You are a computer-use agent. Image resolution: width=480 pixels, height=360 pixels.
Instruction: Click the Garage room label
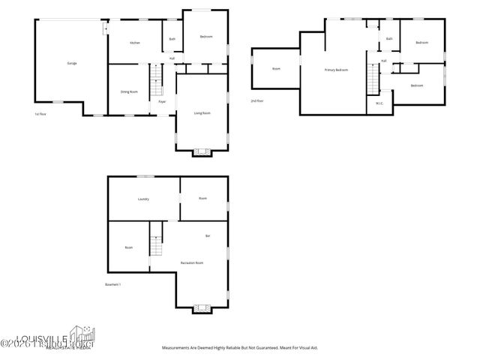point(72,63)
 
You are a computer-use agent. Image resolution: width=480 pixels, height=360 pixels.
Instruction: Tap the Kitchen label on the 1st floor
point(135,43)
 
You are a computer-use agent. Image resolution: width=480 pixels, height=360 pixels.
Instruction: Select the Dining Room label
point(129,91)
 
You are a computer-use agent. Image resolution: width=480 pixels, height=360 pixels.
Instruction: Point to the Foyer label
point(162,101)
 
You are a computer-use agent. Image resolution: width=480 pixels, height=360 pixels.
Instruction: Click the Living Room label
point(202,113)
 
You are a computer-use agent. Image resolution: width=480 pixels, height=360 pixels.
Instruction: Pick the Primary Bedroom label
point(336,70)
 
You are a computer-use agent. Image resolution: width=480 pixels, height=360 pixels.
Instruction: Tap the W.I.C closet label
point(379,103)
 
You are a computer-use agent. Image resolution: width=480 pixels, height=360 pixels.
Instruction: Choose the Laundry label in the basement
point(143,199)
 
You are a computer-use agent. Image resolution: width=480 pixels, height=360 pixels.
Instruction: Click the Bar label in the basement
point(208,236)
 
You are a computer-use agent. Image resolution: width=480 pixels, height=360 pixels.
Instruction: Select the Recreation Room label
point(193,262)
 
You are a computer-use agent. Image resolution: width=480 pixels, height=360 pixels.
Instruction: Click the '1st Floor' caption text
point(40,114)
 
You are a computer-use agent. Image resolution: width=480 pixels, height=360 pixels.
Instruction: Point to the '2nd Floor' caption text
point(257,100)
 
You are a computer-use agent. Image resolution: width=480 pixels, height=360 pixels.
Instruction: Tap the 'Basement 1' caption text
point(113,284)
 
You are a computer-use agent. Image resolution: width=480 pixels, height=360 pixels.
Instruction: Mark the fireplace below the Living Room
point(202,152)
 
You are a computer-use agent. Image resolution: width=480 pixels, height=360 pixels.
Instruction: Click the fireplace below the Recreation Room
point(201,307)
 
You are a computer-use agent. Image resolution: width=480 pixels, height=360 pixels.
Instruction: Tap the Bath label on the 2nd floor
point(389,38)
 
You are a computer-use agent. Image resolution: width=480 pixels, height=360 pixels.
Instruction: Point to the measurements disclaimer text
point(241,348)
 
